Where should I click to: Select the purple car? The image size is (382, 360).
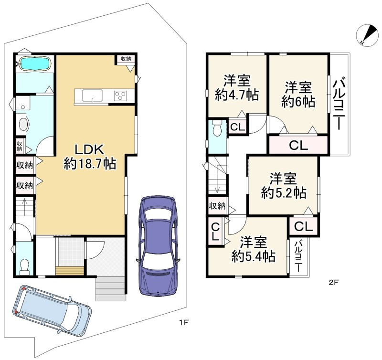[158, 245]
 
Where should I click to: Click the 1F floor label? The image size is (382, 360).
[184, 323]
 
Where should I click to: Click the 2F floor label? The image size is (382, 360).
[333, 283]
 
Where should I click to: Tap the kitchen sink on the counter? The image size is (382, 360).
[92, 95]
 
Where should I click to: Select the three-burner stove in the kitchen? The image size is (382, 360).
[120, 95]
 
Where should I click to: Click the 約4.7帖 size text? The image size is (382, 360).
[236, 95]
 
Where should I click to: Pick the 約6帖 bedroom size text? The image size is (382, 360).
[298, 102]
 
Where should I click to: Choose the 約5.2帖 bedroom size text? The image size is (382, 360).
[284, 193]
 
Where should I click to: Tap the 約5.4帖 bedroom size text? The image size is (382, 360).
[254, 256]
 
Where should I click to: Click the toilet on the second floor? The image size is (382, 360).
[217, 128]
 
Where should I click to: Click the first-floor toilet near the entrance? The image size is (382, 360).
[24, 266]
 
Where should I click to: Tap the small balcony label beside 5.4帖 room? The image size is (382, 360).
[298, 256]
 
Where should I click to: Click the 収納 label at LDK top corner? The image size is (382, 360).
[126, 59]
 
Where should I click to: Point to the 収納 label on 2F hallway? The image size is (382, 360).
[217, 206]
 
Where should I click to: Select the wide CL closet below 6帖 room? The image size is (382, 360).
[298, 146]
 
